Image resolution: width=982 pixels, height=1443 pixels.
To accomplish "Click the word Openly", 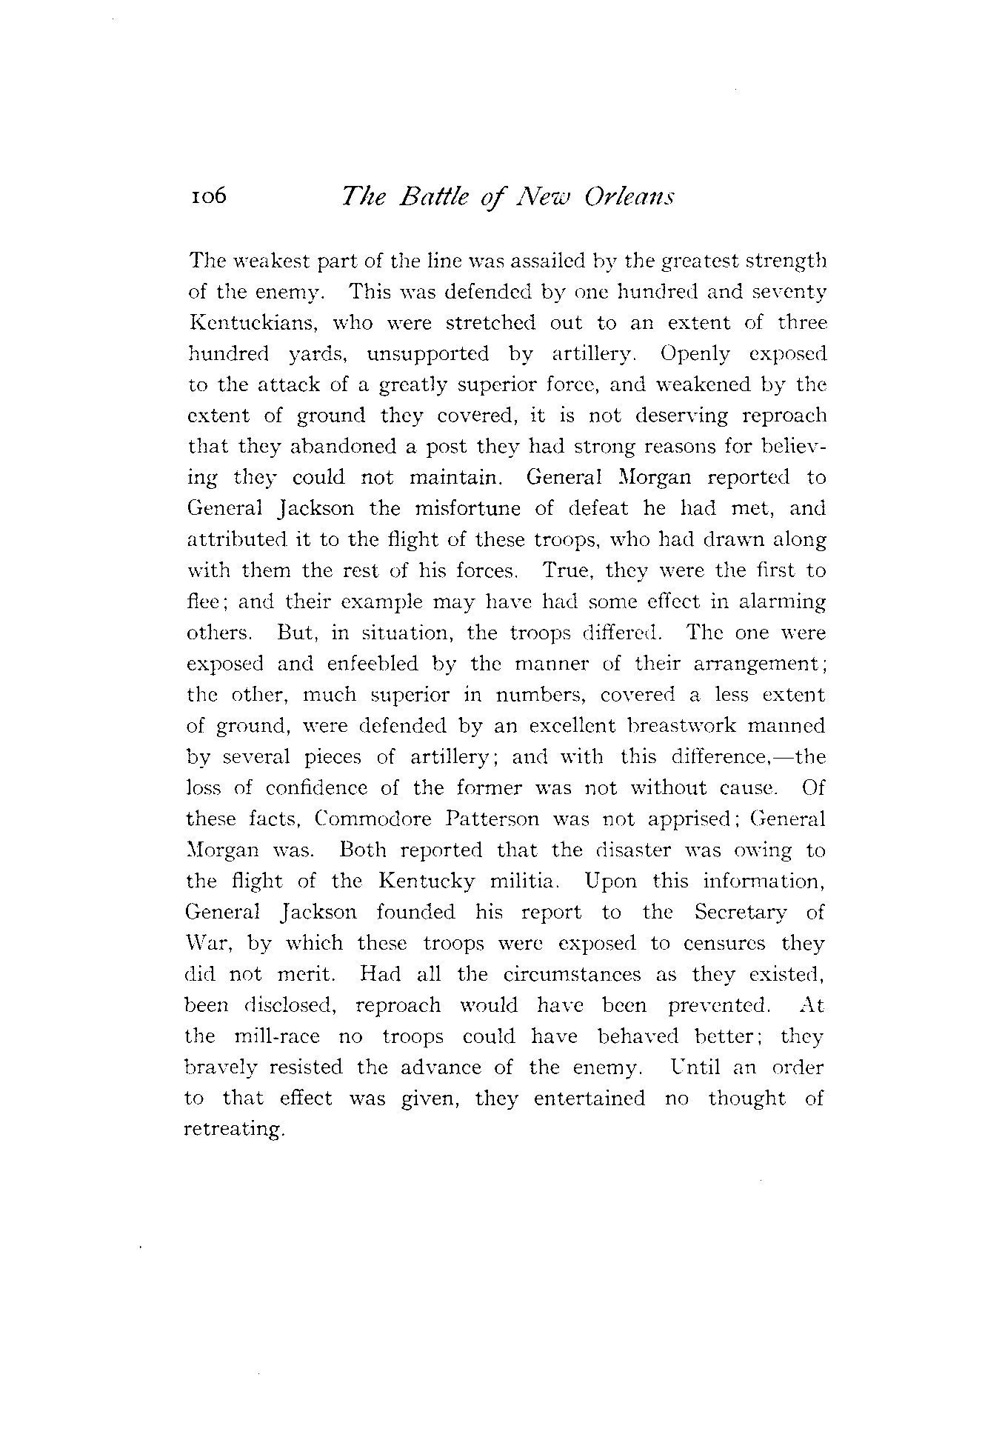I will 695,354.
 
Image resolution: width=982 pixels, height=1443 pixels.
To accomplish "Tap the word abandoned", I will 312,447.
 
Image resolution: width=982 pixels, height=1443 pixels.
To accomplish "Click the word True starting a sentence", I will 565,571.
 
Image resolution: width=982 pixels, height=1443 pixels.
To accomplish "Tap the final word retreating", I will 234,1130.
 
